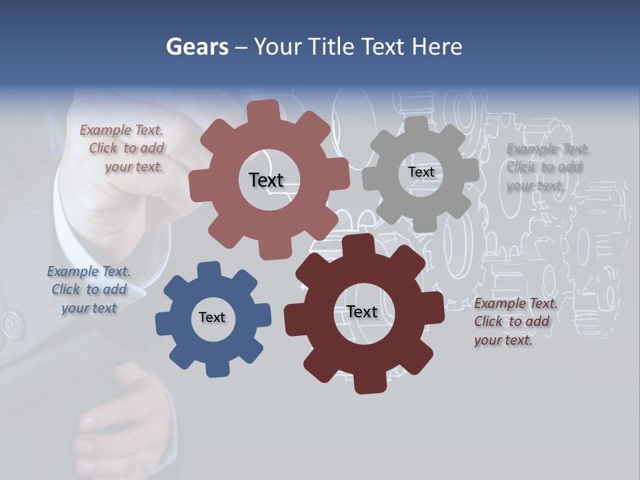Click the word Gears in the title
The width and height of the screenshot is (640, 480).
click(x=197, y=47)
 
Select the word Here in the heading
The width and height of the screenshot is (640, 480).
click(x=437, y=47)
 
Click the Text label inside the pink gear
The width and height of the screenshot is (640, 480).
click(x=266, y=180)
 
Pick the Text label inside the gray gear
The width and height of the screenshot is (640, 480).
click(x=421, y=172)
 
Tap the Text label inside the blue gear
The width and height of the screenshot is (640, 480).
click(x=212, y=317)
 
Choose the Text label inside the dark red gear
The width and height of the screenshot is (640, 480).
click(x=362, y=311)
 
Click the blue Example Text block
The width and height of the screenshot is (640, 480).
click(x=89, y=289)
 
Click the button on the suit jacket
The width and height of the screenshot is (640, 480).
click(x=11, y=325)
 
